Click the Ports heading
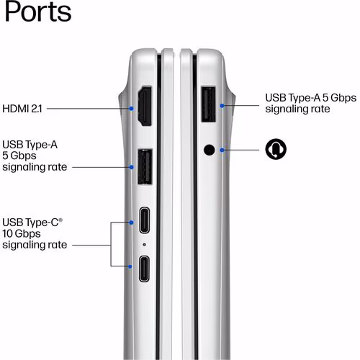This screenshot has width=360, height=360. (38, 12)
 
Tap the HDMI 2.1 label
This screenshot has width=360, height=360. (22, 109)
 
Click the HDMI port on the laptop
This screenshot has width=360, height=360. (145, 106)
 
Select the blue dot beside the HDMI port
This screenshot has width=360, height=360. (131, 109)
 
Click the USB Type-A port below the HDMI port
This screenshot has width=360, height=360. (145, 166)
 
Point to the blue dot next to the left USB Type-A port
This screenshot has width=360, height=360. (131, 167)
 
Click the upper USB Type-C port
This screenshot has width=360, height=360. (145, 220)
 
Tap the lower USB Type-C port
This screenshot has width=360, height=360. (144, 269)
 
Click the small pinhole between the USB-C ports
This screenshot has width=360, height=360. (144, 245)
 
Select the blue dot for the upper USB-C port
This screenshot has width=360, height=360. (131, 222)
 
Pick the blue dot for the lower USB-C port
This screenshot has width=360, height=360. (130, 266)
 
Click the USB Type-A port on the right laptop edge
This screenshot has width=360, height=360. (208, 104)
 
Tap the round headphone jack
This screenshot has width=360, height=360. (210, 150)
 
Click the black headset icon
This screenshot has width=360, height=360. (276, 149)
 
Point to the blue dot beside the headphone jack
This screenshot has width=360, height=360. (222, 150)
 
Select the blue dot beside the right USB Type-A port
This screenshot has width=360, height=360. (222, 106)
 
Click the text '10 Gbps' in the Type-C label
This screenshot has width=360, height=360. (22, 233)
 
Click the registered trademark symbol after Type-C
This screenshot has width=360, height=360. (60, 220)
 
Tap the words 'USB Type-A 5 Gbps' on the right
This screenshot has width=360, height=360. (311, 98)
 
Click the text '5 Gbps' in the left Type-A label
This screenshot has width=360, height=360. (19, 156)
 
